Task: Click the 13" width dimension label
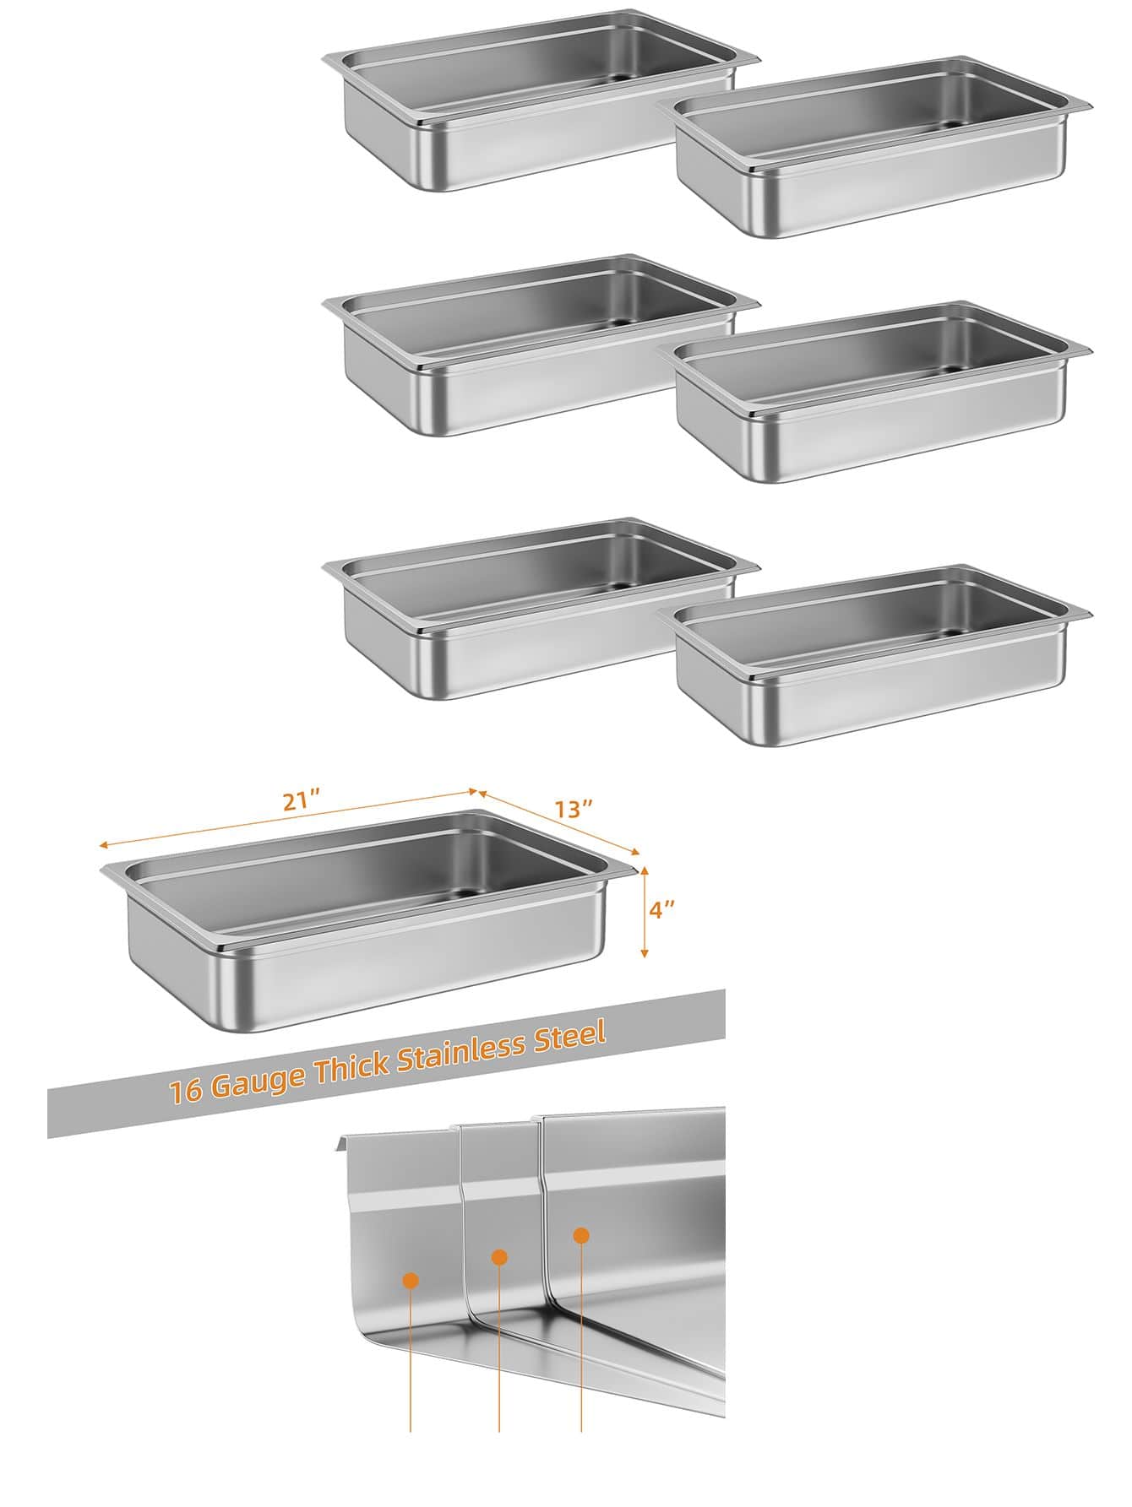tap(574, 808)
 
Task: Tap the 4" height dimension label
tap(661, 910)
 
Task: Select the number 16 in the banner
tap(185, 1091)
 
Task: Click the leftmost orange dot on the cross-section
tap(411, 1281)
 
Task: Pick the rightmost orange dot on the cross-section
tap(581, 1234)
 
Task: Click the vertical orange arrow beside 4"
tap(644, 911)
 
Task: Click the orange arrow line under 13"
tap(558, 822)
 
